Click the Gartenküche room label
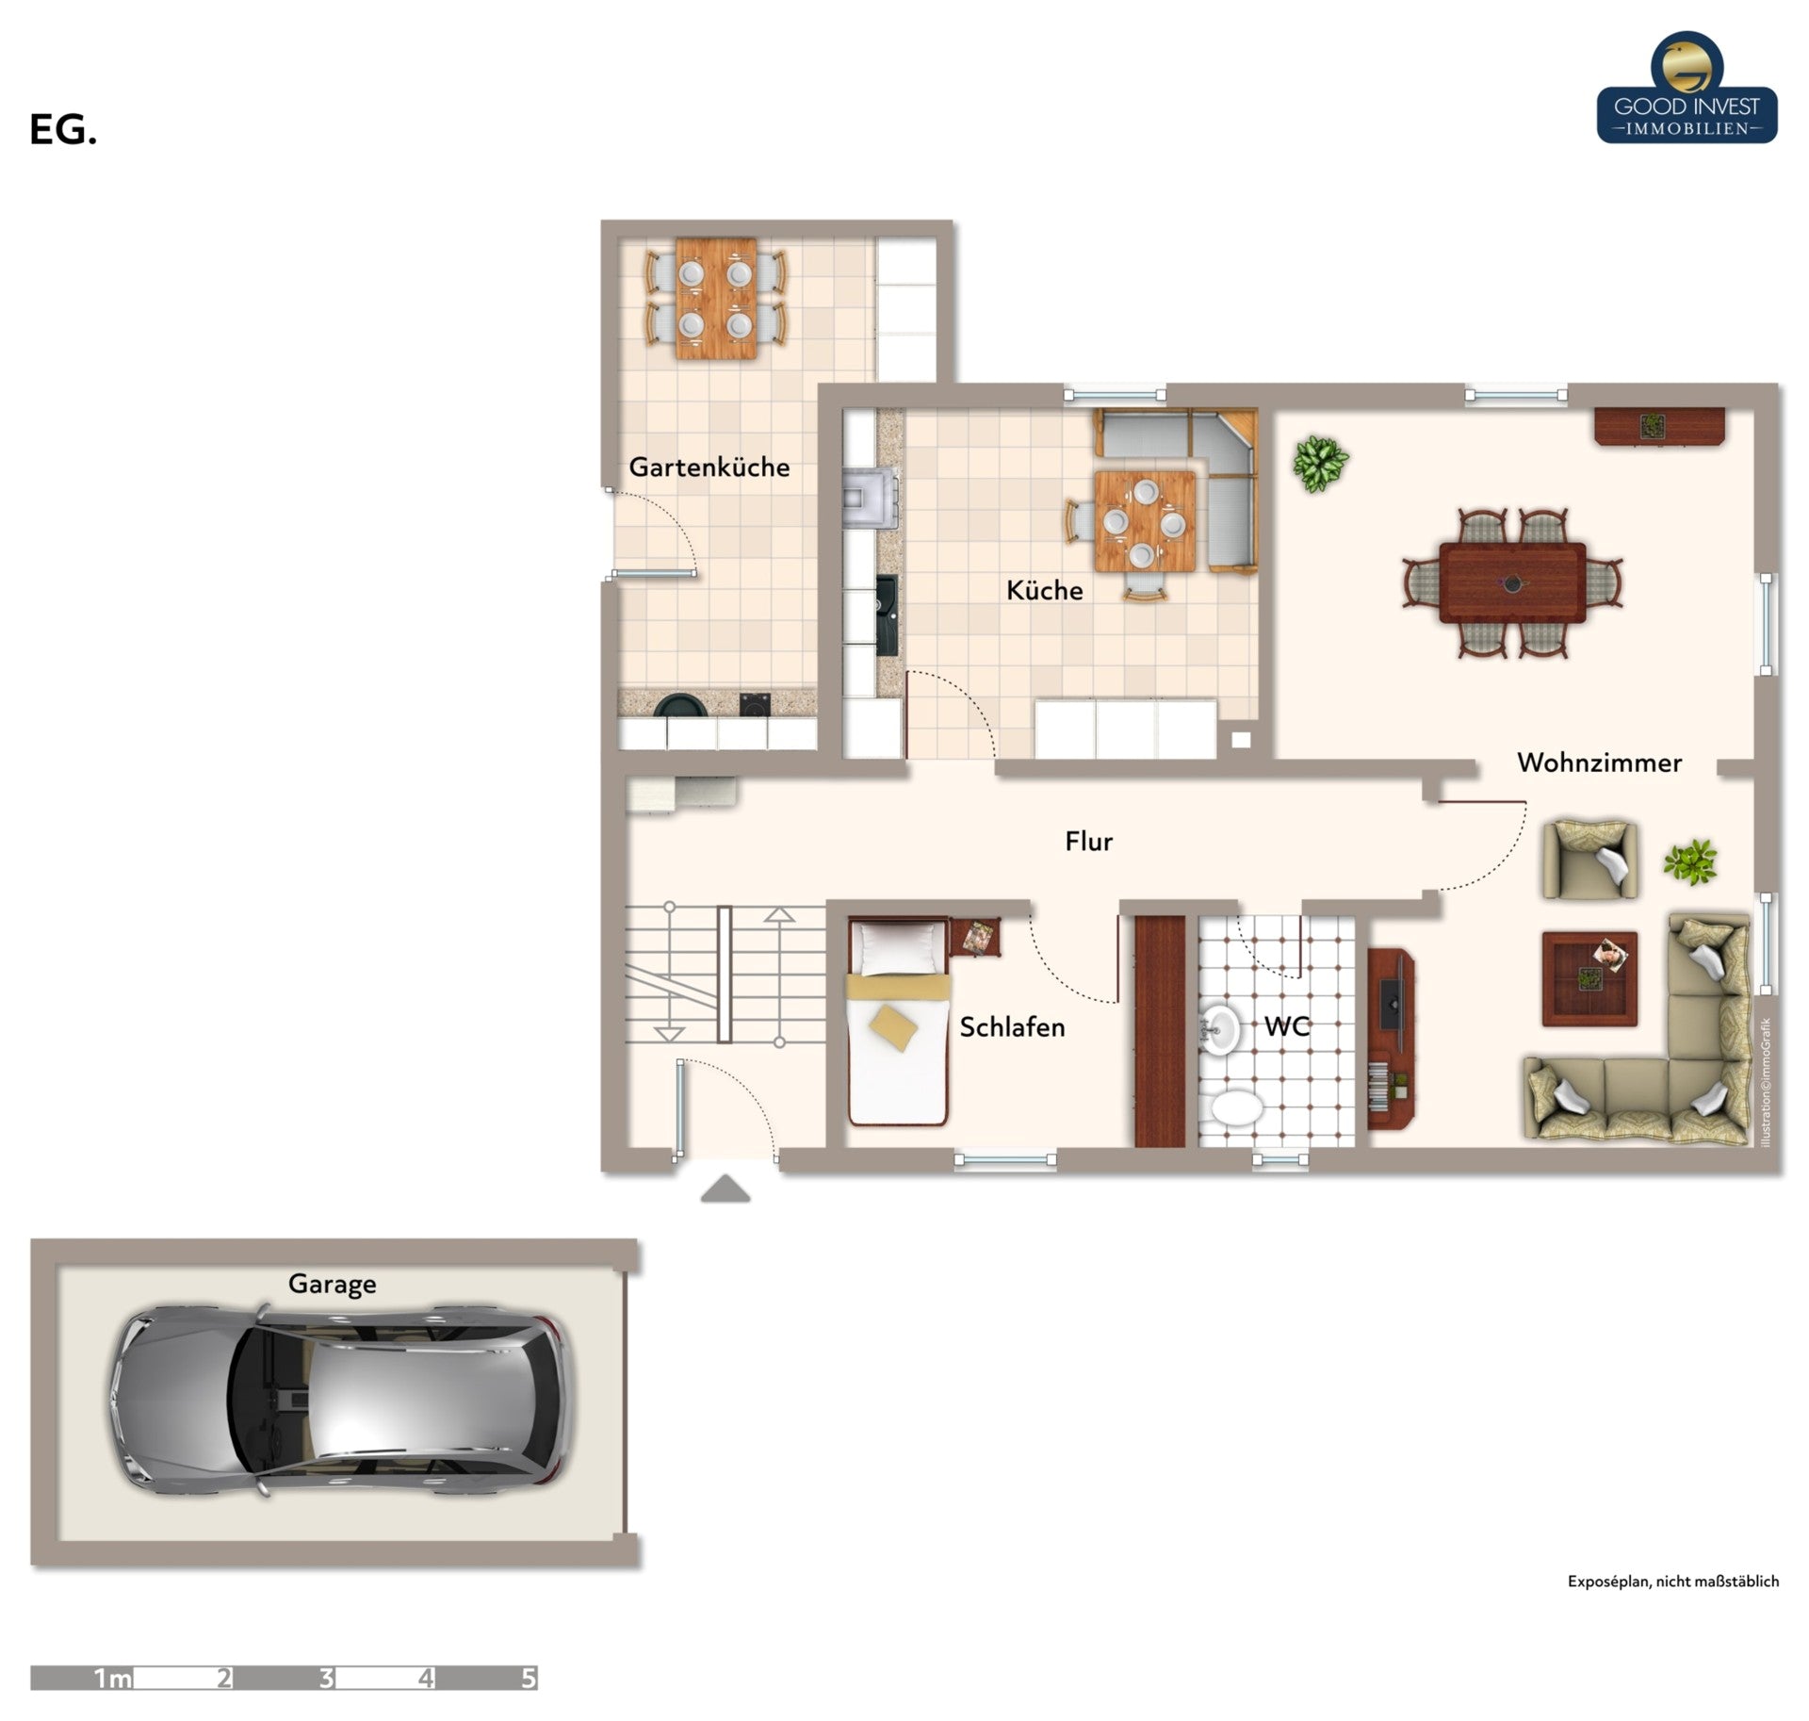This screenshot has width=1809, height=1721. (x=709, y=467)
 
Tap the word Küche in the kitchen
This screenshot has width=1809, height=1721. (x=1044, y=590)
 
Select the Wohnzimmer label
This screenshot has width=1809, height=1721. (x=1599, y=762)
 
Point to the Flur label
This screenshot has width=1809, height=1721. (x=1088, y=841)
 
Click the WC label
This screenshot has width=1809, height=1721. (x=1286, y=1025)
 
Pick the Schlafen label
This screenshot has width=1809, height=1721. (x=1012, y=1027)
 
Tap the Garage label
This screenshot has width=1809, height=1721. (x=332, y=1284)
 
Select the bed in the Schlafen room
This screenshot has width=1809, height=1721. (x=898, y=1022)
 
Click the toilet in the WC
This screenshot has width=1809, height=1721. (x=1236, y=1108)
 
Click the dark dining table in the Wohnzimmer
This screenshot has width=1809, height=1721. (x=1512, y=582)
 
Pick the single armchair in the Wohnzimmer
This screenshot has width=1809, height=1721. (x=1589, y=859)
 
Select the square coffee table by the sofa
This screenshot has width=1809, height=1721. (x=1589, y=978)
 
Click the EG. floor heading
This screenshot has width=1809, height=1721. (x=63, y=130)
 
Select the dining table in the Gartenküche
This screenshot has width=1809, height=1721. (x=716, y=298)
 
